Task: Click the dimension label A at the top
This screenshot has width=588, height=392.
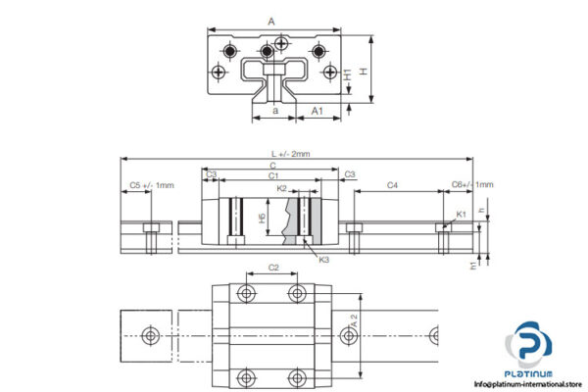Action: [270, 19]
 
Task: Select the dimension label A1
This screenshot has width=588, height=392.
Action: [318, 112]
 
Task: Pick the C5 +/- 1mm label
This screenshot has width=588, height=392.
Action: [151, 185]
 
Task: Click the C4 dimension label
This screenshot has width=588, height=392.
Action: [392, 185]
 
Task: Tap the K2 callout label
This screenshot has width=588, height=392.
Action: [281, 188]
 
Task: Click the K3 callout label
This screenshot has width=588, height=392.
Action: [323, 260]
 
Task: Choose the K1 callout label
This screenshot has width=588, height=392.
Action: [461, 213]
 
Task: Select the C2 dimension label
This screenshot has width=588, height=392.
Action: [273, 268]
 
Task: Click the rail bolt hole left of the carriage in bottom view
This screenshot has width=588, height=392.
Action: [150, 334]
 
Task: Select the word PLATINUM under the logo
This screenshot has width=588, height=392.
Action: [529, 373]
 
